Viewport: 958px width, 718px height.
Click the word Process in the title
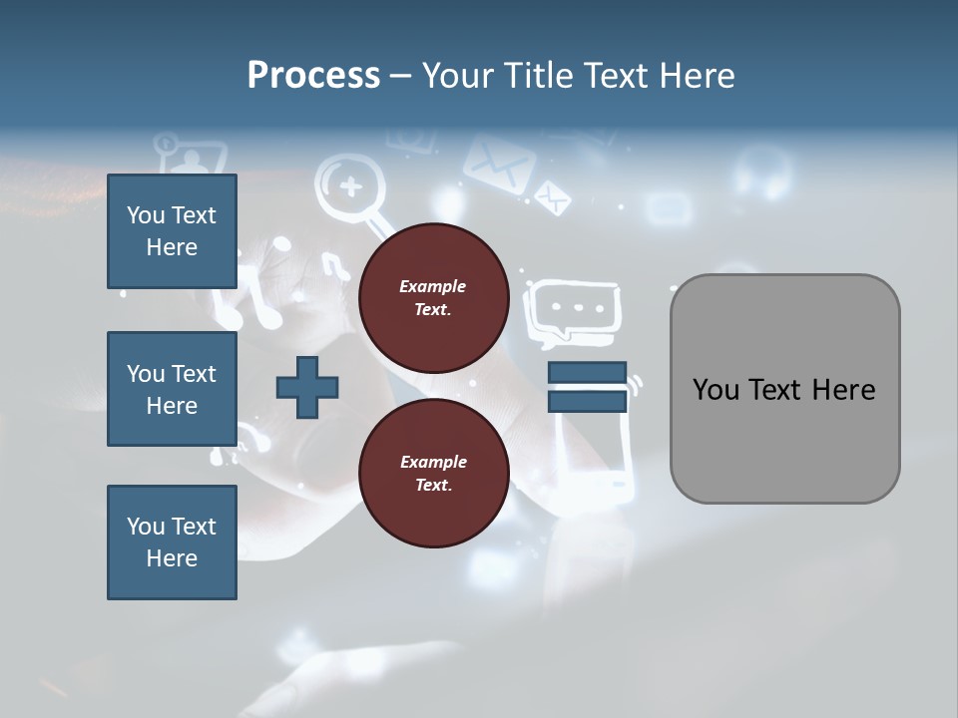tap(313, 76)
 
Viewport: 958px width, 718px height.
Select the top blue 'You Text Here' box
tap(172, 231)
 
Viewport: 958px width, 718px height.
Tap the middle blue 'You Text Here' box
tap(172, 389)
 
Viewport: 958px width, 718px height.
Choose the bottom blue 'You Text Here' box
tap(172, 542)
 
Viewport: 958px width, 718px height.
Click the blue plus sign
tap(307, 387)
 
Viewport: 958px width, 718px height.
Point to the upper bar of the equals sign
tap(587, 372)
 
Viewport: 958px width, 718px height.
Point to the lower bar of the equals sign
tap(587, 401)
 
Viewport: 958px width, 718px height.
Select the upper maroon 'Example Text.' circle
tap(433, 298)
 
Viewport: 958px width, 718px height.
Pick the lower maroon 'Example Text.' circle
tap(433, 473)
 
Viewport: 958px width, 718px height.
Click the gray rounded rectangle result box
tap(784, 389)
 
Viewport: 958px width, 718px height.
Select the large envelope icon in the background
tap(498, 163)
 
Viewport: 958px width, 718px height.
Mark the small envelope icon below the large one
tap(551, 196)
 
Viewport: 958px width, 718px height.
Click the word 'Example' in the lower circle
tap(433, 462)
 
